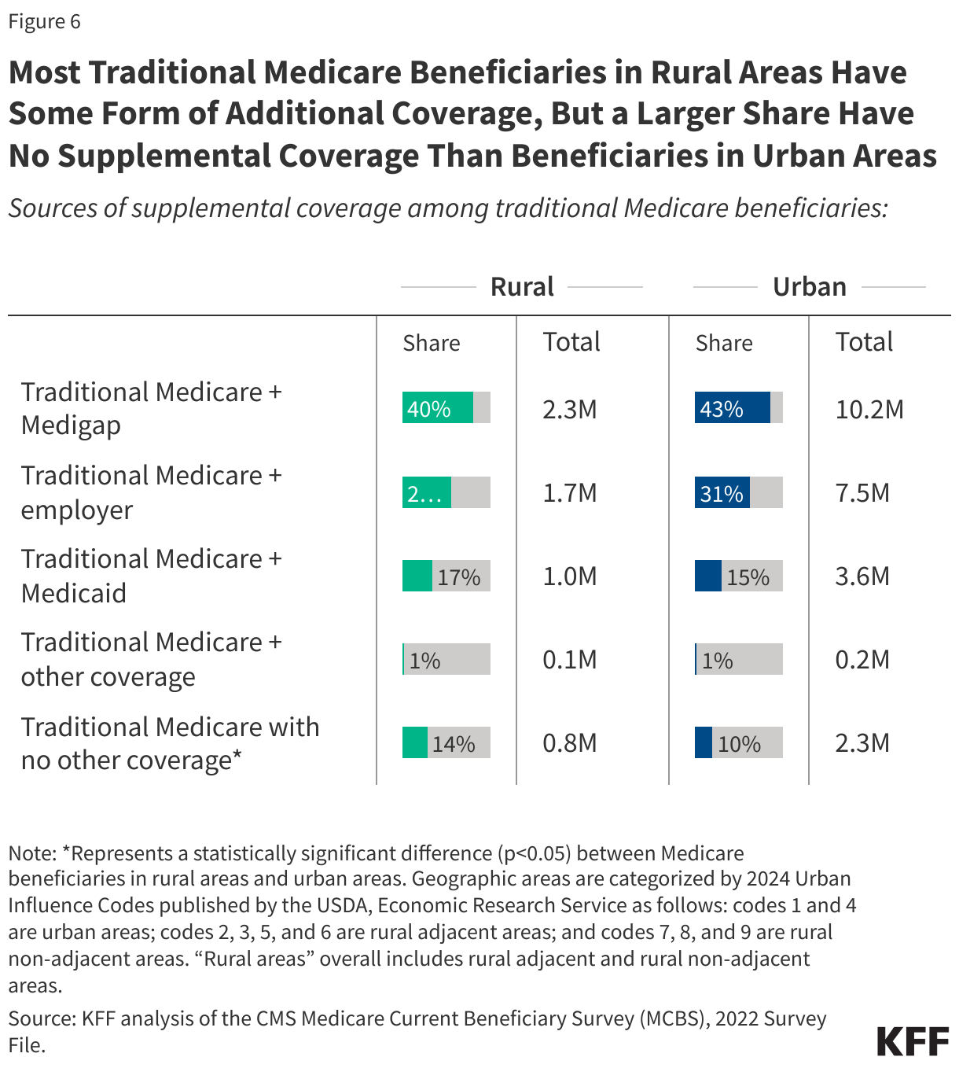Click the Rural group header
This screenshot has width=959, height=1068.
point(522,287)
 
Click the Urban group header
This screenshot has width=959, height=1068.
point(809,287)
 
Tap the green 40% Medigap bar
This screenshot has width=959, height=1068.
point(437,408)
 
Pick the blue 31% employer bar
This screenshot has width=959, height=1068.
point(722,493)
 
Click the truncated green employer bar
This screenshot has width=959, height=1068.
point(426,493)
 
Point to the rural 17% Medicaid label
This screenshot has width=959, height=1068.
point(459,577)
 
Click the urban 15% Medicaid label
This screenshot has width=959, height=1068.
point(748,577)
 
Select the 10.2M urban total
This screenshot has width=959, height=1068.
point(869,410)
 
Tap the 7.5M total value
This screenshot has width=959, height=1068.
point(862,493)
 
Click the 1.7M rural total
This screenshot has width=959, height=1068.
point(570,493)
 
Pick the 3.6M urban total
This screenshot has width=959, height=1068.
point(862,576)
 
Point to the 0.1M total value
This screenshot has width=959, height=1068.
point(570,660)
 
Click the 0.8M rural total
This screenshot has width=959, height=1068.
point(570,743)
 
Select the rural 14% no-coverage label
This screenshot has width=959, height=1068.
point(454,744)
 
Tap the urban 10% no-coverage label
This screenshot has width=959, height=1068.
point(739,744)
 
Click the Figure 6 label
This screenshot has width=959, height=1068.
point(44,21)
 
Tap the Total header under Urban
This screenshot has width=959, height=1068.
point(864,342)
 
